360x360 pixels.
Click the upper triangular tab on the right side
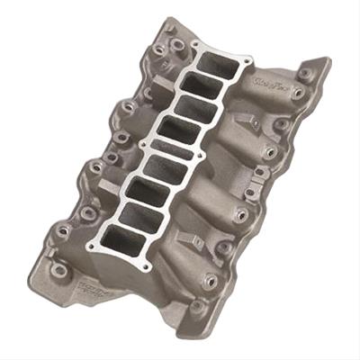point(256,121)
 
